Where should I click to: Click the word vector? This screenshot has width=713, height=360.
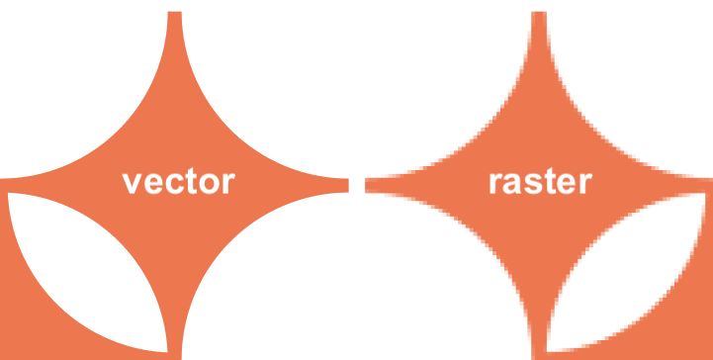pyautogui.click(x=178, y=182)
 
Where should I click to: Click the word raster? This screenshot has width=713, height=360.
pyautogui.click(x=540, y=182)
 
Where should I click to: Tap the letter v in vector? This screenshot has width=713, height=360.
pyautogui.click(x=131, y=183)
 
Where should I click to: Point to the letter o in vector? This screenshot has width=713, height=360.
pyautogui.click(x=206, y=183)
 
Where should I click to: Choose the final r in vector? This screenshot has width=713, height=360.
pyautogui.click(x=227, y=183)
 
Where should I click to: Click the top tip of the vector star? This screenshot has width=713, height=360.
pyautogui.click(x=175, y=16)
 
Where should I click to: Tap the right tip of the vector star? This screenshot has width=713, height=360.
pyautogui.click(x=345, y=185)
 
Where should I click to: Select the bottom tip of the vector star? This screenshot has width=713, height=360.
pyautogui.click(x=175, y=352)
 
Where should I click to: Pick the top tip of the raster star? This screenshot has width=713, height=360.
pyautogui.click(x=540, y=16)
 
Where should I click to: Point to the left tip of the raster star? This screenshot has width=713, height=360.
pyautogui.click(x=369, y=185)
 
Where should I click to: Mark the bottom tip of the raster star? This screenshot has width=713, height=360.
pyautogui.click(x=540, y=352)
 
